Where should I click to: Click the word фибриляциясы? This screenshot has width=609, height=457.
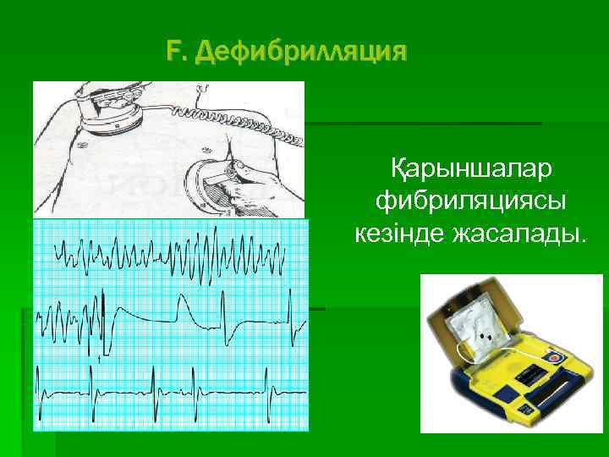pyautogui.click(x=471, y=201)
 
